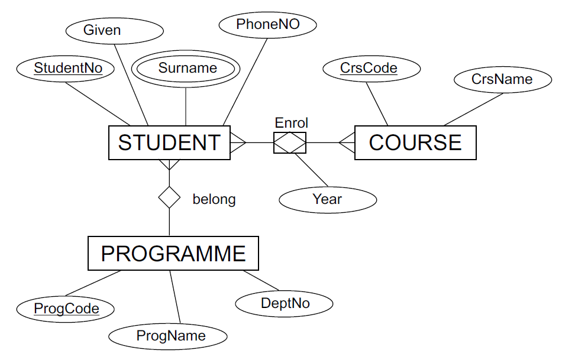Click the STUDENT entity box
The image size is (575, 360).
pos(169,142)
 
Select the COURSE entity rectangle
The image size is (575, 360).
pos(415,142)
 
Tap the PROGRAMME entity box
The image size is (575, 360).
pos(173,254)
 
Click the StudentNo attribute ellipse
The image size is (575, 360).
pos(67,68)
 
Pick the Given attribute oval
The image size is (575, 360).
pos(102,30)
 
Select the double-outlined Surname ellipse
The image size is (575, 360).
pos(187,68)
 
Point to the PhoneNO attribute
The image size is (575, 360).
pos(267,24)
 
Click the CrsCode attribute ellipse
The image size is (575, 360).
pos(369,68)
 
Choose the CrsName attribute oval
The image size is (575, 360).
pos(502,79)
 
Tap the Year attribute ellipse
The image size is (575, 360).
pos(327,199)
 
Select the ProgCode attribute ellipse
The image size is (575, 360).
pos(66,308)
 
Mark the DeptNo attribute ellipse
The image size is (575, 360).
pos(285,304)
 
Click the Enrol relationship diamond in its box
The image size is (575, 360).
pos(290,142)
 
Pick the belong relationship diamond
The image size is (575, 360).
pos(169,197)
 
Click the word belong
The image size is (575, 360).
pos(214,200)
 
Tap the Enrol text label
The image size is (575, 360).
pos(291,123)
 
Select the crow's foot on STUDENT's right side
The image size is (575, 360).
pos(238,142)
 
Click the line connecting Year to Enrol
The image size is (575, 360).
pos(312,170)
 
